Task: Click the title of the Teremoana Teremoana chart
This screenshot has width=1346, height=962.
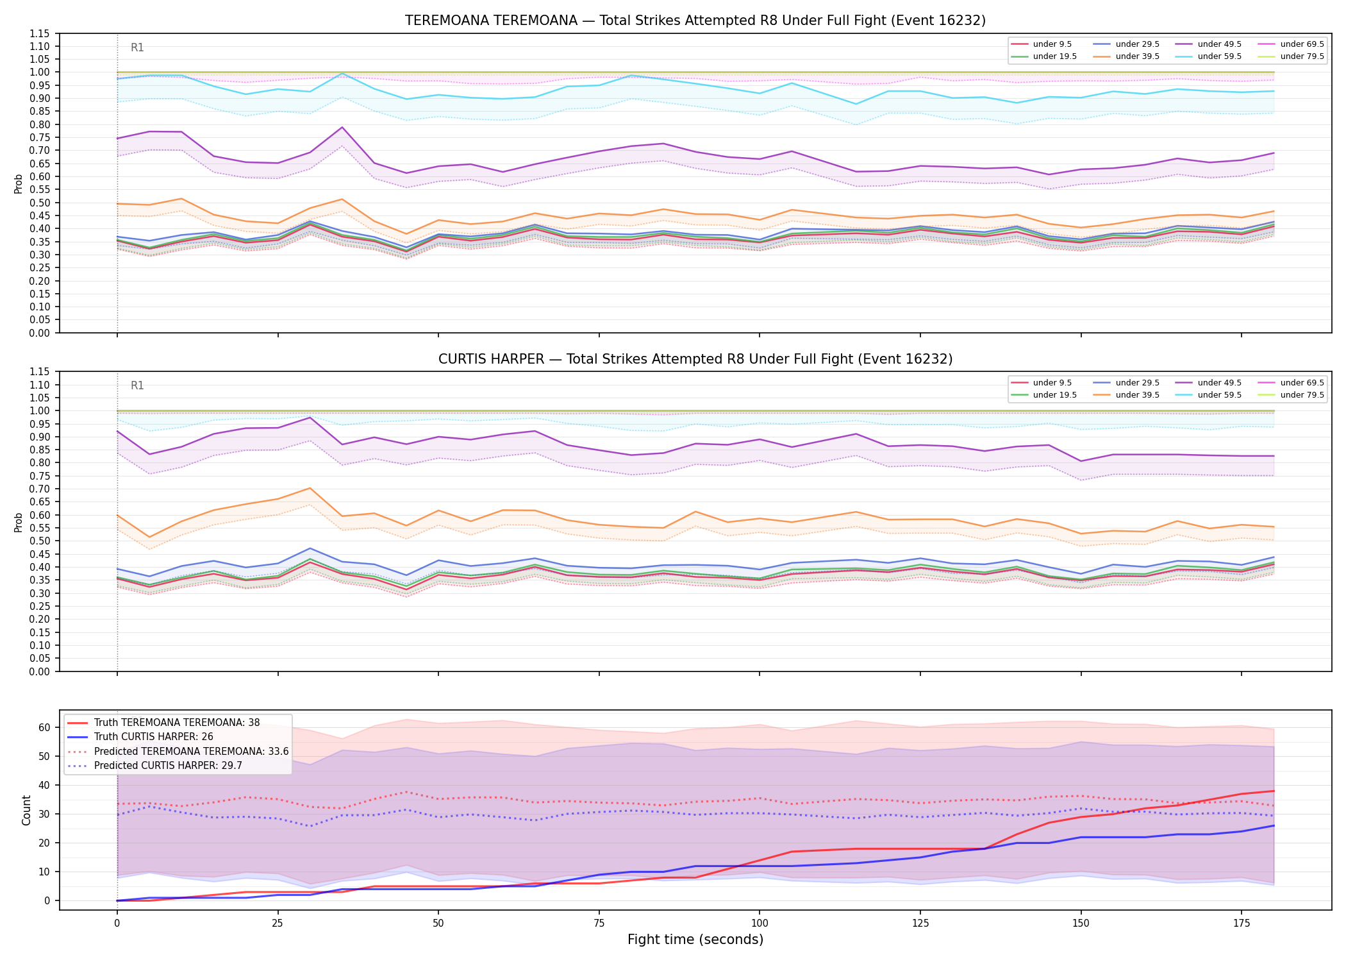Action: (x=695, y=21)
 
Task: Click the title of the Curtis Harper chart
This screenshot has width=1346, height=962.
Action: (x=695, y=359)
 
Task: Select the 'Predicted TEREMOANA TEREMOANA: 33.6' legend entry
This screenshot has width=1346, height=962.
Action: (x=178, y=751)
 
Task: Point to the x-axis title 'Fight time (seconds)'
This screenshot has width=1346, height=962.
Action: (x=695, y=940)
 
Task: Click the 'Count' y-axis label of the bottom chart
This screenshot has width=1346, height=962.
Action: (x=26, y=810)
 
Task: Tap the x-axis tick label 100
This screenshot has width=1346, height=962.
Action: (x=760, y=924)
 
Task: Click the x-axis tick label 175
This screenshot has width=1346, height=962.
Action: (x=1242, y=924)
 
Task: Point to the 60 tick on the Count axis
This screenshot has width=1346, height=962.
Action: (x=44, y=727)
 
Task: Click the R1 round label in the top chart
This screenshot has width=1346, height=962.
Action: (x=137, y=47)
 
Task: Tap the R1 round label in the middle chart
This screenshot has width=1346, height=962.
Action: (x=137, y=385)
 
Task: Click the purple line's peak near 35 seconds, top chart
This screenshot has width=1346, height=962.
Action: (x=342, y=127)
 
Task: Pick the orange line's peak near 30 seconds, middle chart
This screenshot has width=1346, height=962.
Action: (x=310, y=488)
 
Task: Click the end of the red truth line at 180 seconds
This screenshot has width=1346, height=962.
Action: (x=1274, y=791)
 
